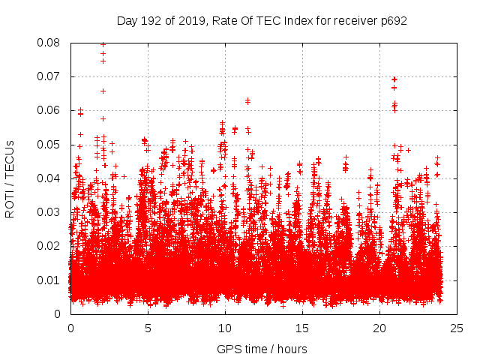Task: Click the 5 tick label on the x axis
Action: pos(148,328)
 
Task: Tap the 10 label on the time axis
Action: pos(225,328)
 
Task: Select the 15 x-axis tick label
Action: pos(302,328)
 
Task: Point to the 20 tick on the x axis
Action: pos(379,328)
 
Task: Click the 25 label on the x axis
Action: pos(457,328)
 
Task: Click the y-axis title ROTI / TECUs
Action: pos(10,178)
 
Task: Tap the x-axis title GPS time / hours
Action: pos(262,349)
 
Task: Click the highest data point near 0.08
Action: pos(103,44)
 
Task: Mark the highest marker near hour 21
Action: pos(394,79)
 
